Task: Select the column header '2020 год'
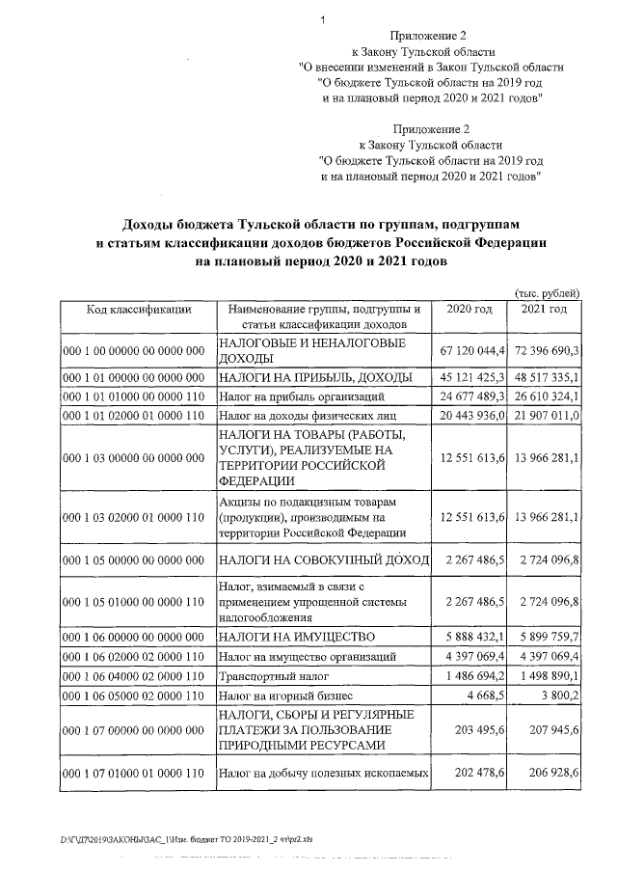click(x=470, y=309)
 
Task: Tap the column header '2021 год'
click(x=544, y=309)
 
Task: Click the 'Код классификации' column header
click(x=139, y=309)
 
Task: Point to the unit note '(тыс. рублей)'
click(x=549, y=292)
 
